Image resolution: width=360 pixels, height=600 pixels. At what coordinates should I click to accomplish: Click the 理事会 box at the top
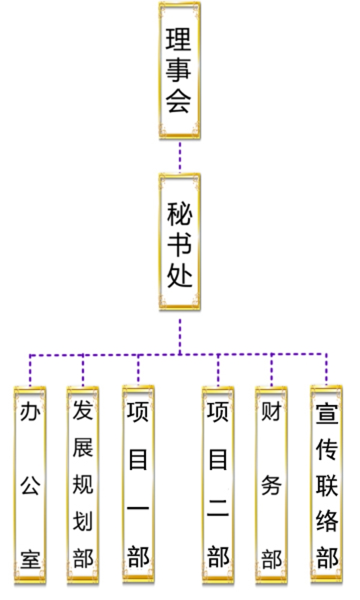[179, 71]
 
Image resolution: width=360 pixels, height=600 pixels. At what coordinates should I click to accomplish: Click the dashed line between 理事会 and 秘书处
[179, 157]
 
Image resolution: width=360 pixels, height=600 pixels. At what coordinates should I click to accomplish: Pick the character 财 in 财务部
[271, 412]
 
